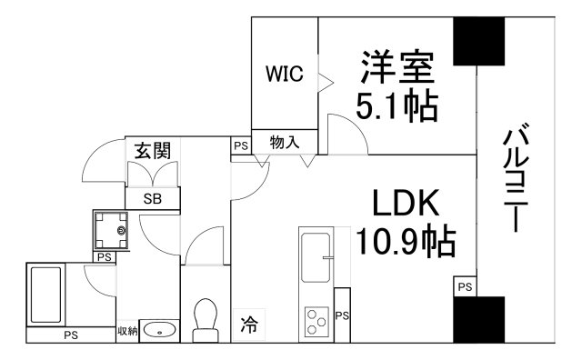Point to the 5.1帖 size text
pyautogui.click(x=396, y=106)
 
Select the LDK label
pyautogui.click(x=406, y=203)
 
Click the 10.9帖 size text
pyautogui.click(x=406, y=242)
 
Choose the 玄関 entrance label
pyautogui.click(x=153, y=151)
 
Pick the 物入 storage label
pyautogui.click(x=282, y=144)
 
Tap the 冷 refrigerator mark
pyautogui.click(x=247, y=321)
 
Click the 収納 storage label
pyautogui.click(x=127, y=331)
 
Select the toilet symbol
pyautogui.click(x=206, y=318)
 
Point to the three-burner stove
pyautogui.click(x=317, y=321)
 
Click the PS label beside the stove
pyautogui.click(x=342, y=315)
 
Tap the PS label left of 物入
pyautogui.click(x=239, y=145)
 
